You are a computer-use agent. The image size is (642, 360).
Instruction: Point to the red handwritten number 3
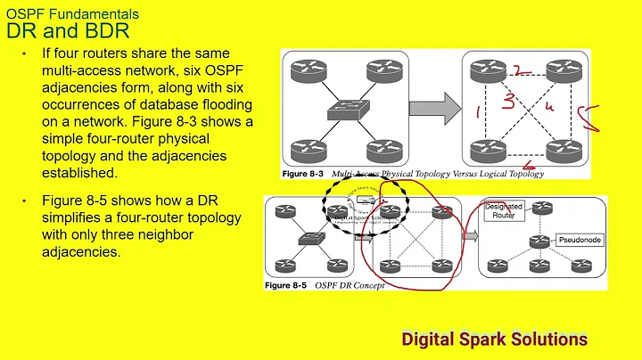pyautogui.click(x=508, y=102)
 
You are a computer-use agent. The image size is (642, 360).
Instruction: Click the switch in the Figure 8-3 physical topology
pyautogui.click(x=344, y=110)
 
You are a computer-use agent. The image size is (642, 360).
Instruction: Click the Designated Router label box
pyautogui.click(x=504, y=210)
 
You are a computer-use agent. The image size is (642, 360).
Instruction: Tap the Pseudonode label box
pyautogui.click(x=581, y=240)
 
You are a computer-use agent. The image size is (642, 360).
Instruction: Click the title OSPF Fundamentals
pyautogui.click(x=72, y=14)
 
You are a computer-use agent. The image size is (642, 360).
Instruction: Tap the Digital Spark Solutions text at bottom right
pyautogui.click(x=495, y=339)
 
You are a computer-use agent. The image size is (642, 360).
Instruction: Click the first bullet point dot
pyautogui.click(x=24, y=54)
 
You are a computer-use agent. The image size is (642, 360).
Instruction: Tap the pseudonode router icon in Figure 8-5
pyautogui.click(x=538, y=241)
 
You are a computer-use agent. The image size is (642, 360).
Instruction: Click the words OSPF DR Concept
pyautogui.click(x=355, y=286)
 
